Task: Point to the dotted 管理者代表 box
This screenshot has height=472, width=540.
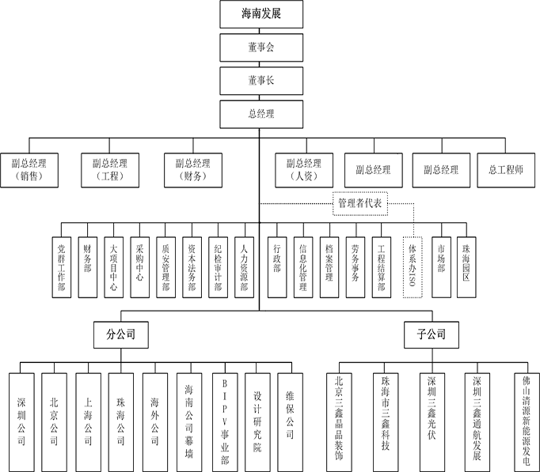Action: [360, 204]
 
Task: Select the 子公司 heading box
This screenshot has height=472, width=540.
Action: [426, 334]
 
